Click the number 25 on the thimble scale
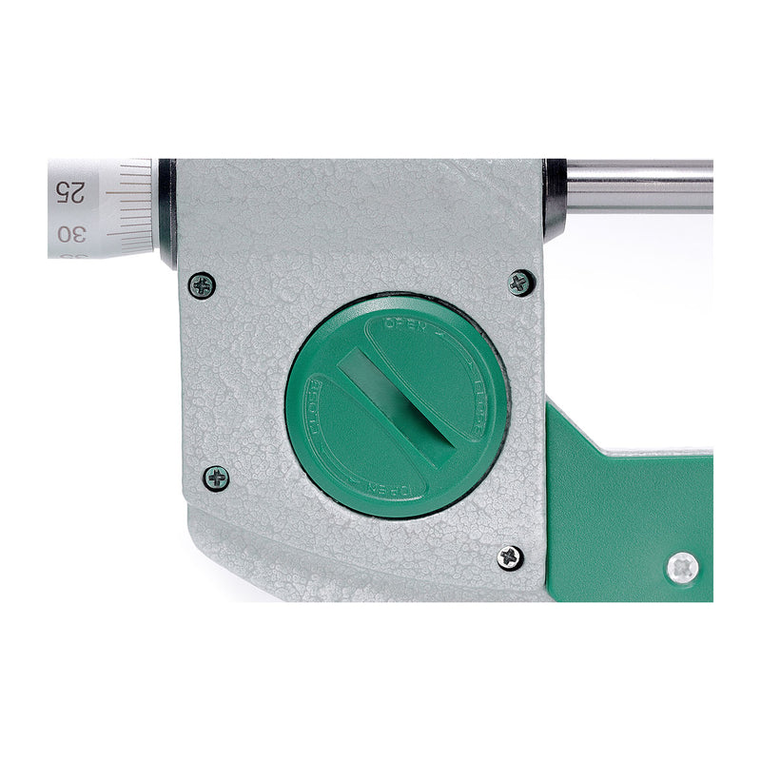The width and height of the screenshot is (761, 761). (69, 191)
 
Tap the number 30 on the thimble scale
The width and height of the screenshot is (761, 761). (69, 233)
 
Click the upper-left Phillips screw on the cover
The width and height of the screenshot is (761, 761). (202, 285)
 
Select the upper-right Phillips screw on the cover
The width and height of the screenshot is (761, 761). (520, 283)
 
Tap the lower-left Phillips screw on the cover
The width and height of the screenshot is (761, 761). (216, 478)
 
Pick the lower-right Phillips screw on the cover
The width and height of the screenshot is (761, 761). (511, 557)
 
